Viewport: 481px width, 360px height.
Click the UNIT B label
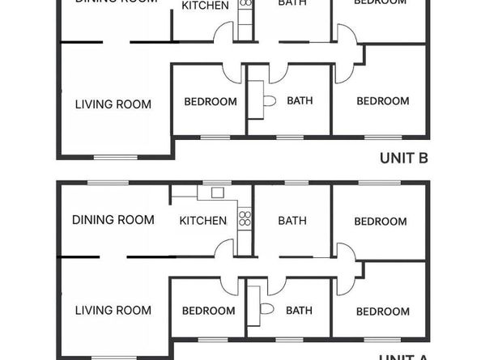[403, 159]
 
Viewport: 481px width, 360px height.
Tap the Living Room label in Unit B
[113, 104]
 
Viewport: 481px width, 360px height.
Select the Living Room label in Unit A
[113, 310]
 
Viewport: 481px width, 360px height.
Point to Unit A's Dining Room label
[113, 219]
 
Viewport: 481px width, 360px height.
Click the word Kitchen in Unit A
[202, 220]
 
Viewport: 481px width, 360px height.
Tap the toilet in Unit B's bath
[268, 102]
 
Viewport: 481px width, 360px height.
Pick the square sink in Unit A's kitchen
[216, 193]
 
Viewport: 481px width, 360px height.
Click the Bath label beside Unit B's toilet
[300, 101]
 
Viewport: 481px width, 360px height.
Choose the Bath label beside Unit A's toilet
[299, 310]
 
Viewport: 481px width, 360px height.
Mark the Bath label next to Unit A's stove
[292, 220]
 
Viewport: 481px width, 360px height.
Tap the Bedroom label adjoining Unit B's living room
[211, 101]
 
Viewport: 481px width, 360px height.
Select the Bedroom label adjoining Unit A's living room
[208, 311]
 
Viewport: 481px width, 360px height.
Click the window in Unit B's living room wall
[106, 156]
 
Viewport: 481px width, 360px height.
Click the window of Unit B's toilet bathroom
[288, 137]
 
